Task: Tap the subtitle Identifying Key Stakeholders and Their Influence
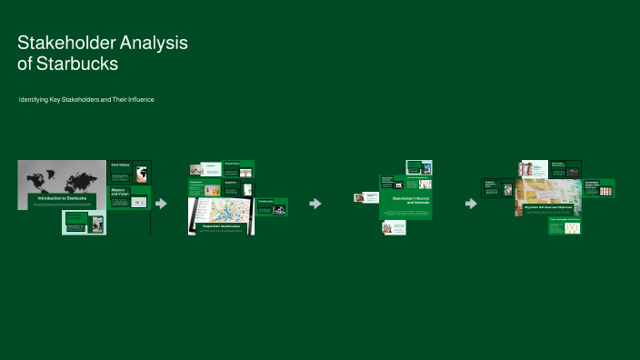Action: (86, 98)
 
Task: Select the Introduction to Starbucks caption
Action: (63, 197)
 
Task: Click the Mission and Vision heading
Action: (120, 193)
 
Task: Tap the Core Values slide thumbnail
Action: (129, 171)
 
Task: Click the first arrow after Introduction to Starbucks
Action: (161, 204)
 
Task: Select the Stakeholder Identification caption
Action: (221, 226)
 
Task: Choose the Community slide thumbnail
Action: (272, 206)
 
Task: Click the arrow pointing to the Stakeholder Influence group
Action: (315, 204)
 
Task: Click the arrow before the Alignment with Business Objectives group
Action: (471, 204)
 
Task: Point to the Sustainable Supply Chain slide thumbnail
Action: (597, 187)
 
